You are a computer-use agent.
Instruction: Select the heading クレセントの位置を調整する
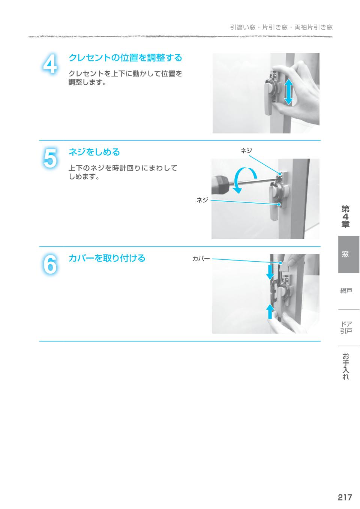click(125, 58)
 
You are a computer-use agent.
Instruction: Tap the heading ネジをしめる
click(94, 152)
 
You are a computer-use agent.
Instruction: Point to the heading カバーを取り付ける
click(106, 258)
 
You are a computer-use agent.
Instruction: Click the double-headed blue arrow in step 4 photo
click(288, 92)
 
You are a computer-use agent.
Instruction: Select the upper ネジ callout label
click(246, 151)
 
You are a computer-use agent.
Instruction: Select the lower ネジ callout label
click(202, 200)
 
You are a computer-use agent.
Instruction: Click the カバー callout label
click(201, 259)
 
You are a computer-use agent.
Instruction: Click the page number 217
click(345, 497)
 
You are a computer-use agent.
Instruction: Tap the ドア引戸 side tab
click(346, 327)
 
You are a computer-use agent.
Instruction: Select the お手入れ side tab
click(346, 366)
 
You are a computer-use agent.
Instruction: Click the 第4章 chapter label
click(345, 217)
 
